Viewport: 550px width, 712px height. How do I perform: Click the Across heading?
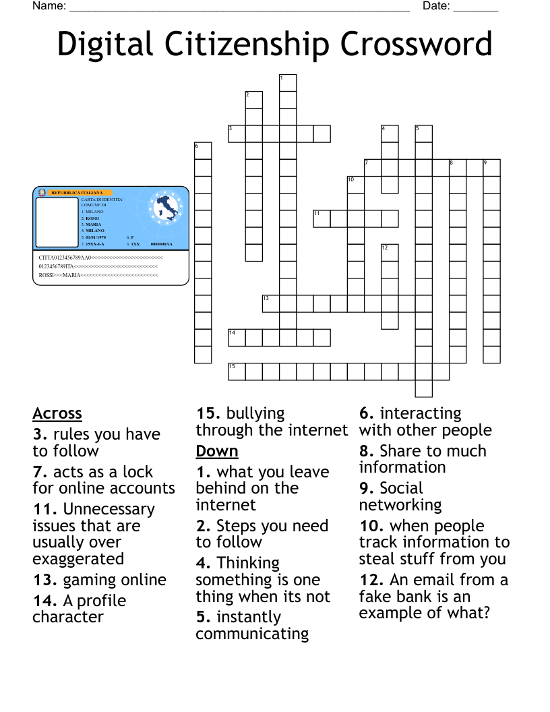point(57,413)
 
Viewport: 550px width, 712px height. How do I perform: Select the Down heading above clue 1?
point(217,451)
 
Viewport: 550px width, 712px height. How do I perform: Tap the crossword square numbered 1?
point(288,82)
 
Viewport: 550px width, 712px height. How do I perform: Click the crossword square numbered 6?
point(203,150)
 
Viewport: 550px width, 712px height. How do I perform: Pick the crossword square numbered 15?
point(237,372)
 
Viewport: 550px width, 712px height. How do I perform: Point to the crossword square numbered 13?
point(270,303)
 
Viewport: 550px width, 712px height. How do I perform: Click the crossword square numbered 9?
point(491,167)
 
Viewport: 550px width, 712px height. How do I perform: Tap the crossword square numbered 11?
point(322,218)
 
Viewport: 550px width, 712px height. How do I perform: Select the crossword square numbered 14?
point(237,337)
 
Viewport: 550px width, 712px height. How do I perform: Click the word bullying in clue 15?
point(255,413)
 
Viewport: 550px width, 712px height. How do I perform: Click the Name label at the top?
point(49,6)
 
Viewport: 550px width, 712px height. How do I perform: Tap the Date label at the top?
point(436,6)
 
